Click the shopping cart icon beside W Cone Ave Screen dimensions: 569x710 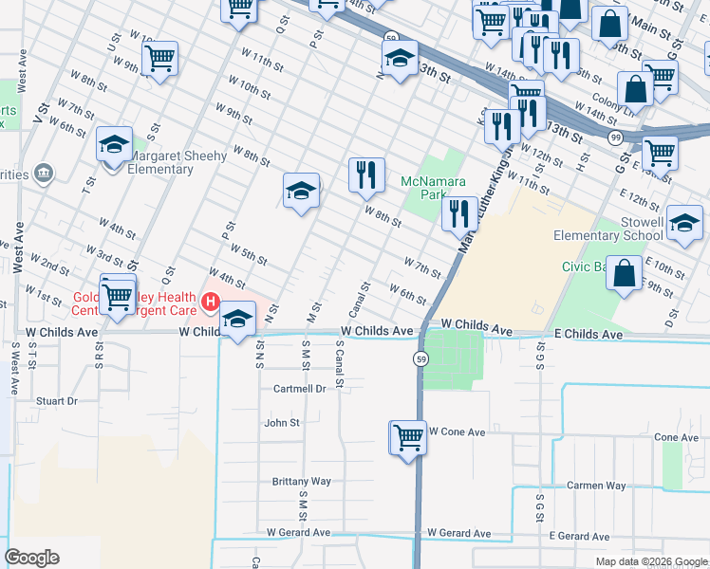coord(408,438)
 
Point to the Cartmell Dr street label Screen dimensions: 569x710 coord(299,389)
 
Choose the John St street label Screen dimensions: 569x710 coord(282,423)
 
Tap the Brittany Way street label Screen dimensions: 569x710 coord(301,481)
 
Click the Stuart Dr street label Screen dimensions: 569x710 coord(56,401)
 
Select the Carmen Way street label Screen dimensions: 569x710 coord(597,486)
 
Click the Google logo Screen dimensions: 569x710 coord(31,558)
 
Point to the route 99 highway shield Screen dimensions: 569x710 coord(615,138)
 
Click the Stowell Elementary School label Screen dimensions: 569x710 coord(608,229)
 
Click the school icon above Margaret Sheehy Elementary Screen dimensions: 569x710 coord(114,145)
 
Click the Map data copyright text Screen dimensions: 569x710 coord(650,561)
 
